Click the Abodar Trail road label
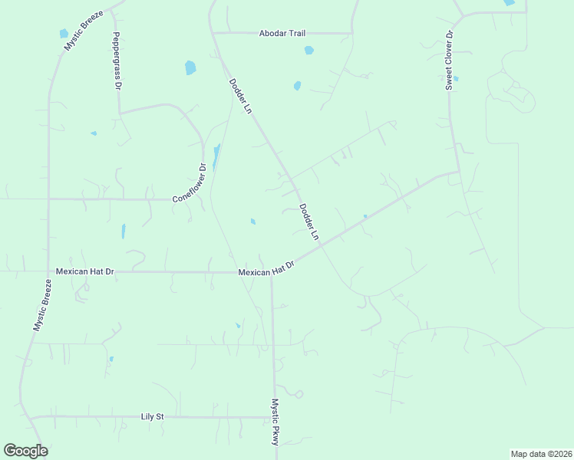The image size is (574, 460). [282, 34]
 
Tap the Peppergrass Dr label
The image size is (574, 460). [117, 61]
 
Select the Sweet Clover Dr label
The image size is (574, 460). [450, 61]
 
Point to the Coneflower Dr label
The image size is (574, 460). [190, 183]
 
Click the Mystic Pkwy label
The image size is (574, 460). [275, 422]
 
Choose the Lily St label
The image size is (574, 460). [153, 416]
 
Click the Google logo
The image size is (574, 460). [25, 451]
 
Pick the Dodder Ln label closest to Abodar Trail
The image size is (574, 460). [240, 97]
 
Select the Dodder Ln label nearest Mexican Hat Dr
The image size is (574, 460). [309, 222]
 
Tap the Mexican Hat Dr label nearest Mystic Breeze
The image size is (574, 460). [84, 271]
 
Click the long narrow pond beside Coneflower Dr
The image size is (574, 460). [216, 156]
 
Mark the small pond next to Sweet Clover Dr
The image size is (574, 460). [456, 78]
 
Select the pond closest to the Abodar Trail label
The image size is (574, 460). [308, 51]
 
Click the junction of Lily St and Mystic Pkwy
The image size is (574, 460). [273, 418]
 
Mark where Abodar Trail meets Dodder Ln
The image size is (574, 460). [214, 33]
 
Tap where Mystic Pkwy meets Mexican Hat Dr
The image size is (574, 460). [272, 273]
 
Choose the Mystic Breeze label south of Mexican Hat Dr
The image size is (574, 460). [41, 305]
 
